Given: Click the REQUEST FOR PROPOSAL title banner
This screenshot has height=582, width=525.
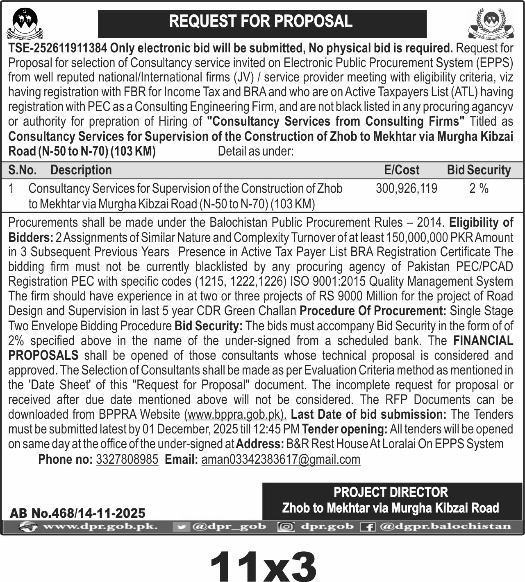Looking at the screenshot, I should pyautogui.click(x=261, y=22).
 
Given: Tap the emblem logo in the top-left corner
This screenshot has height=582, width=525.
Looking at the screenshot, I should pyautogui.click(x=25, y=24).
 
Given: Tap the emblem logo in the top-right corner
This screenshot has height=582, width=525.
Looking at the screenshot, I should pyautogui.click(x=490, y=23).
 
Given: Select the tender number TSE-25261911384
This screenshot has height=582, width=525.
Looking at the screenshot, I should pyautogui.click(x=58, y=48).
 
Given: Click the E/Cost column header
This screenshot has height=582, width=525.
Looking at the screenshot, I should pyautogui.click(x=402, y=170).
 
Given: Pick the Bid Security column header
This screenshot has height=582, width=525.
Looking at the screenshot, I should pyautogui.click(x=479, y=170).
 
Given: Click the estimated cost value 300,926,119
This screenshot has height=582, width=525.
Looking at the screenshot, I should pyautogui.click(x=406, y=189).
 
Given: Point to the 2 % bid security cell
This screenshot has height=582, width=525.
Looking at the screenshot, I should pyautogui.click(x=479, y=189).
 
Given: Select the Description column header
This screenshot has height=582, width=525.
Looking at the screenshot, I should pyautogui.click(x=81, y=170).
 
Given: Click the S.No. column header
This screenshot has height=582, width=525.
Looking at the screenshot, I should pyautogui.click(x=23, y=170).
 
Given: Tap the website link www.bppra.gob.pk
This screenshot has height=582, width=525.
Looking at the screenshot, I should pyautogui.click(x=235, y=415).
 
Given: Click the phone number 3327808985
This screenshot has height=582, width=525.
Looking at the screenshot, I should pyautogui.click(x=127, y=460).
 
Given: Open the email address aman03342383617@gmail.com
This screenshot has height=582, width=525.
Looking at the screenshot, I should pyautogui.click(x=281, y=460).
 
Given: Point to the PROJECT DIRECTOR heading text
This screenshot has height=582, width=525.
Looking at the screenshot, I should pyautogui.click(x=391, y=492).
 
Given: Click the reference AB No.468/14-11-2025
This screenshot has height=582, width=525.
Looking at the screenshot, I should pyautogui.click(x=77, y=513).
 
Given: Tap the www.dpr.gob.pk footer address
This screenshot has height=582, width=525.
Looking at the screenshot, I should pyautogui.click(x=100, y=526).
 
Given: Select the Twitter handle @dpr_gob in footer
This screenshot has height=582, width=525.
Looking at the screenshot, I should pyautogui.click(x=229, y=526).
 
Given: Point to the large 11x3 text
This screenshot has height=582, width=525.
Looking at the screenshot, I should pyautogui.click(x=263, y=565).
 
